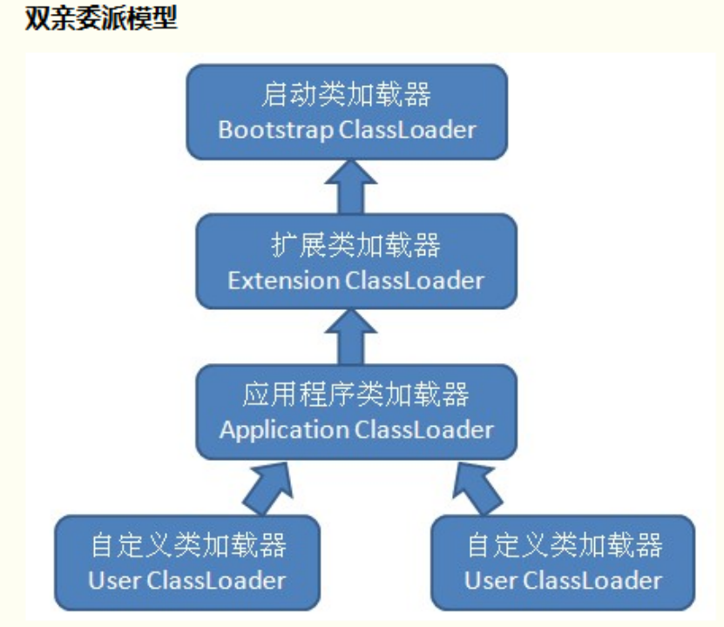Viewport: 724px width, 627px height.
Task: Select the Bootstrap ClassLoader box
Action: tap(347, 111)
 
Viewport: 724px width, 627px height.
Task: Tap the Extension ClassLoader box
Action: tap(355, 261)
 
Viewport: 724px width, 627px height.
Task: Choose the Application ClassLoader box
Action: tap(355, 412)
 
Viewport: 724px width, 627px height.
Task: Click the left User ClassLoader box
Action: tap(187, 562)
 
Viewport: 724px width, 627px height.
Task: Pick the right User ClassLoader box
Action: tap(563, 562)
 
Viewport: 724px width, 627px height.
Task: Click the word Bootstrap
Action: tap(274, 131)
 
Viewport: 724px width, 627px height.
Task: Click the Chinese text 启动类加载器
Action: tap(347, 95)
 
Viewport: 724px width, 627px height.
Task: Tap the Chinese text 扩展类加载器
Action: tap(355, 246)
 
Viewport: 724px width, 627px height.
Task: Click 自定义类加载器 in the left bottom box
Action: tap(187, 546)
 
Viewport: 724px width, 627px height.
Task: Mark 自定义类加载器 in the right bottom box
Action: tap(564, 546)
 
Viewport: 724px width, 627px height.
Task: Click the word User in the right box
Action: tap(484, 580)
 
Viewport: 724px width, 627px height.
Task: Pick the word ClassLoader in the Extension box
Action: tap(414, 280)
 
